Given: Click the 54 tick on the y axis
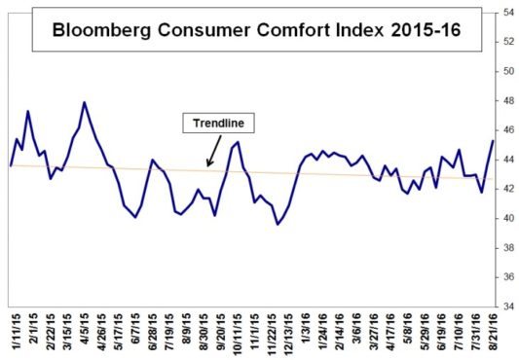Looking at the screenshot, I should [508, 13].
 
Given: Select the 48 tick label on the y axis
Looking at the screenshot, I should [508, 101].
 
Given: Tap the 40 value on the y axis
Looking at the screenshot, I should [508, 218].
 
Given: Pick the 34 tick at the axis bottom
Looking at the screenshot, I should [508, 306].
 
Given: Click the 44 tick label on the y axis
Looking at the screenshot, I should [508, 160].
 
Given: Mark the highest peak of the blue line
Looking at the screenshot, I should [85, 102].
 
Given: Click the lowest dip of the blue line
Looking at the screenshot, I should [278, 224].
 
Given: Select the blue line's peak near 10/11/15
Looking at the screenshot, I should [239, 142].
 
